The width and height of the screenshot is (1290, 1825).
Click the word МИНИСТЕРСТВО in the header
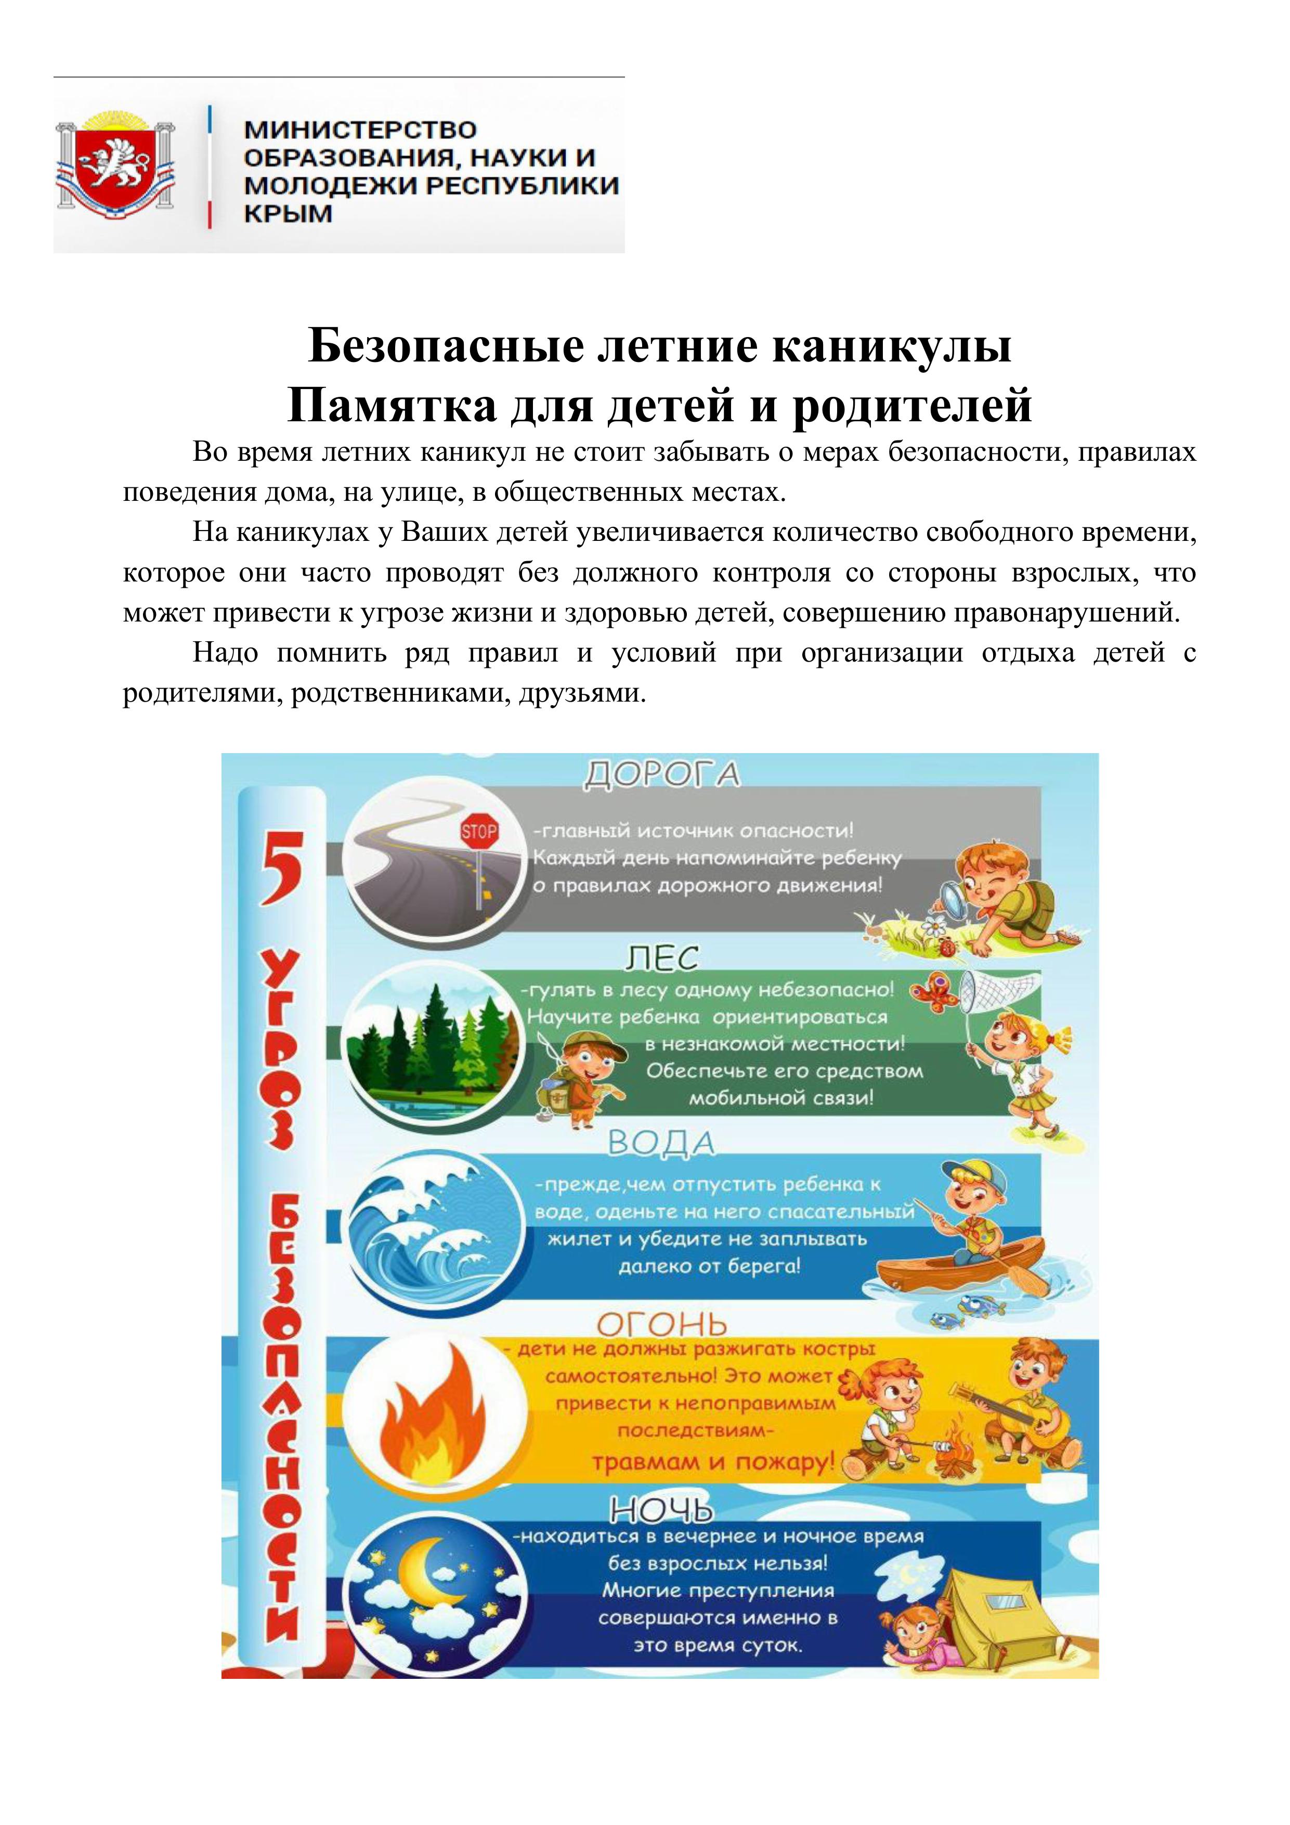(x=360, y=130)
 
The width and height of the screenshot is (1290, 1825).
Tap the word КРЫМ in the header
(x=288, y=214)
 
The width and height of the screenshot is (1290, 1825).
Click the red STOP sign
(x=479, y=834)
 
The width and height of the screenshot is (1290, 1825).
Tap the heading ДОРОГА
(x=661, y=774)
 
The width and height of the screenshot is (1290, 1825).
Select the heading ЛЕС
(x=661, y=960)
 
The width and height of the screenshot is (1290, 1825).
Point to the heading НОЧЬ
(x=661, y=1509)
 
